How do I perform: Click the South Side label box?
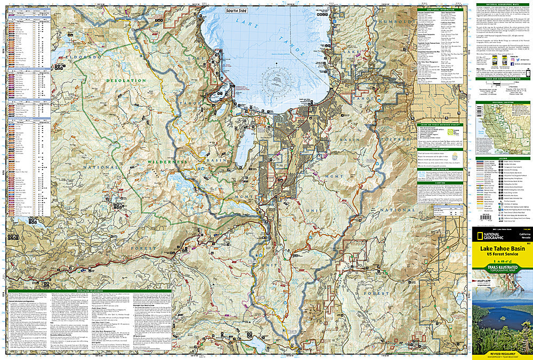[236, 11]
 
